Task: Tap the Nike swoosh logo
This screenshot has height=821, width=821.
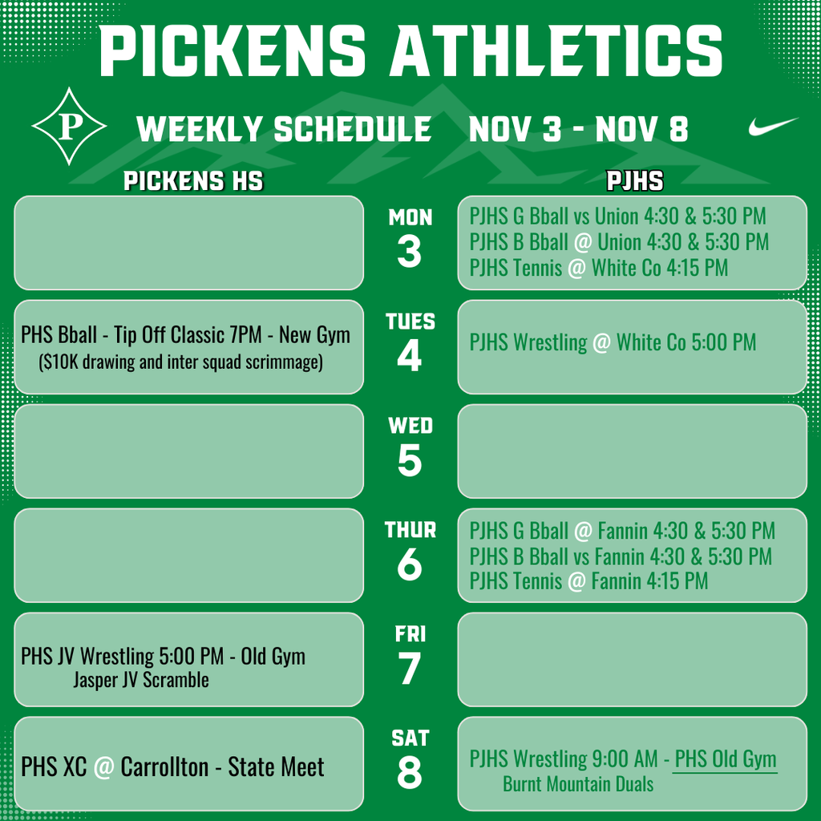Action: [x=773, y=127]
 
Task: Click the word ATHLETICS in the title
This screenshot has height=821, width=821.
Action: [x=556, y=50]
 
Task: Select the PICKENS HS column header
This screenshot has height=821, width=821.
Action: [x=192, y=182]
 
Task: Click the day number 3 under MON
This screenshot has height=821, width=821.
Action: [x=409, y=253]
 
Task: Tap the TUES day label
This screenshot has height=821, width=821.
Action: [x=410, y=322]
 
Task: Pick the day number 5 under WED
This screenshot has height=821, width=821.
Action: [x=409, y=461]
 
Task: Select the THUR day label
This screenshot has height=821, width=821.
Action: [x=410, y=530]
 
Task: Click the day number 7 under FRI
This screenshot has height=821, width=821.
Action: [x=409, y=669]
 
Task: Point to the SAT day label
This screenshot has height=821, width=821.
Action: [x=410, y=738]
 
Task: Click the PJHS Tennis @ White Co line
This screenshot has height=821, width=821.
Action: [x=599, y=268]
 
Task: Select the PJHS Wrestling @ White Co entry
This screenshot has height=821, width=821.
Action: [x=613, y=343]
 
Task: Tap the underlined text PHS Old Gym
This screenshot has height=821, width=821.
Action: [x=725, y=758]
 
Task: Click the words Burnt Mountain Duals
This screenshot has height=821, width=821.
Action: [x=577, y=784]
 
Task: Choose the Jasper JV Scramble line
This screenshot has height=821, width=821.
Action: [x=140, y=681]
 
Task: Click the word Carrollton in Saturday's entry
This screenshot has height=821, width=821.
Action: [x=164, y=767]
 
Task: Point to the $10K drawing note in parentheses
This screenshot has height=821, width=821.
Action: [x=180, y=362]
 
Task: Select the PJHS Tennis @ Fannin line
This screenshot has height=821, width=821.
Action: [x=588, y=580]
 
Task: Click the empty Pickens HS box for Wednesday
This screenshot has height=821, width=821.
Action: [x=188, y=451]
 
